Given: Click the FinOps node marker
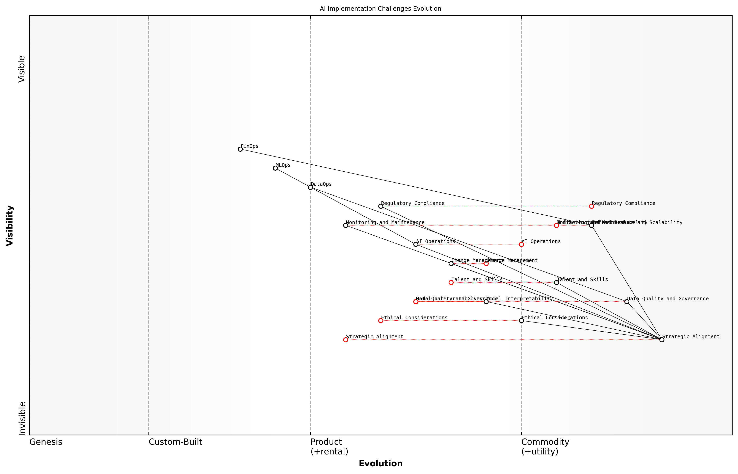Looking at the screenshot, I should [240, 149].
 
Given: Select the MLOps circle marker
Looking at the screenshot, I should [275, 168].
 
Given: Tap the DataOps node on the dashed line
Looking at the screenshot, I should [310, 187].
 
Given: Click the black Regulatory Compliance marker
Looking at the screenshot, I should [381, 206].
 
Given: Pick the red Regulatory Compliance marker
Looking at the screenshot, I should [591, 206].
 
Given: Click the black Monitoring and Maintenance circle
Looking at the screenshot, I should [346, 225].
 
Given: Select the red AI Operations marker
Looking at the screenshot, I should [521, 244].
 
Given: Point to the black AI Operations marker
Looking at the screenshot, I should [416, 244].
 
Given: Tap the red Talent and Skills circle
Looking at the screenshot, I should [451, 282].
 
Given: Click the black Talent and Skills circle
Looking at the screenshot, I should [556, 282].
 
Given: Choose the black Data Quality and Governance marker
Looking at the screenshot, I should [627, 302].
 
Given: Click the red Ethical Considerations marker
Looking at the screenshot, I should [381, 321].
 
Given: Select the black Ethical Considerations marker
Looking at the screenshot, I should [521, 321].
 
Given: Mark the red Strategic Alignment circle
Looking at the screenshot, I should [346, 340].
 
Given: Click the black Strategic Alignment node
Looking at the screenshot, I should [662, 340].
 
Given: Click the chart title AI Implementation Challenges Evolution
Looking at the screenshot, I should [380, 9].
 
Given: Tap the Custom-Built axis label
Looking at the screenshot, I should [175, 442].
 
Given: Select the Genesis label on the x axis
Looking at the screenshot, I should [46, 442].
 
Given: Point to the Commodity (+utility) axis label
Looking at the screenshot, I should [545, 447].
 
